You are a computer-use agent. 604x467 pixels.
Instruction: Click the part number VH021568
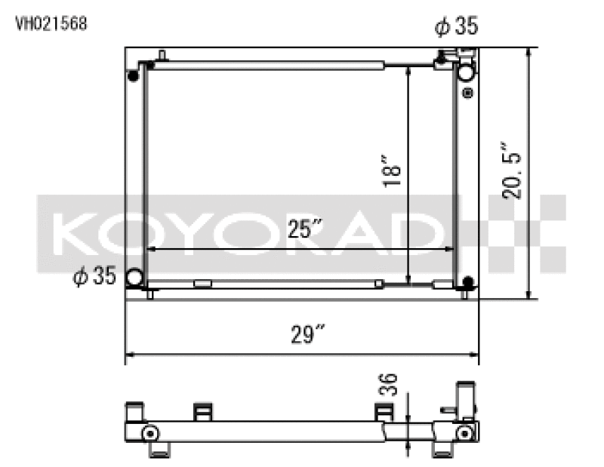tap(51, 23)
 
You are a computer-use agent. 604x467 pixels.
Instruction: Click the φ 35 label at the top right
tap(456, 27)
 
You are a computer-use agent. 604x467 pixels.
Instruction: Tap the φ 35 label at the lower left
tap(94, 277)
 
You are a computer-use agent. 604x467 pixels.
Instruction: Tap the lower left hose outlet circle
tap(135, 278)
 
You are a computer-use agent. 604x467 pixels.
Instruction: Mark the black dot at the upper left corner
tap(134, 75)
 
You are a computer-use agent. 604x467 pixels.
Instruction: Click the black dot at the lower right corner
tap(467, 283)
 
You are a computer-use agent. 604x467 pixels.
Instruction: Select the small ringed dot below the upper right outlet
tap(467, 94)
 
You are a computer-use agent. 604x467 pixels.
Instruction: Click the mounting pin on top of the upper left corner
tap(162, 56)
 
